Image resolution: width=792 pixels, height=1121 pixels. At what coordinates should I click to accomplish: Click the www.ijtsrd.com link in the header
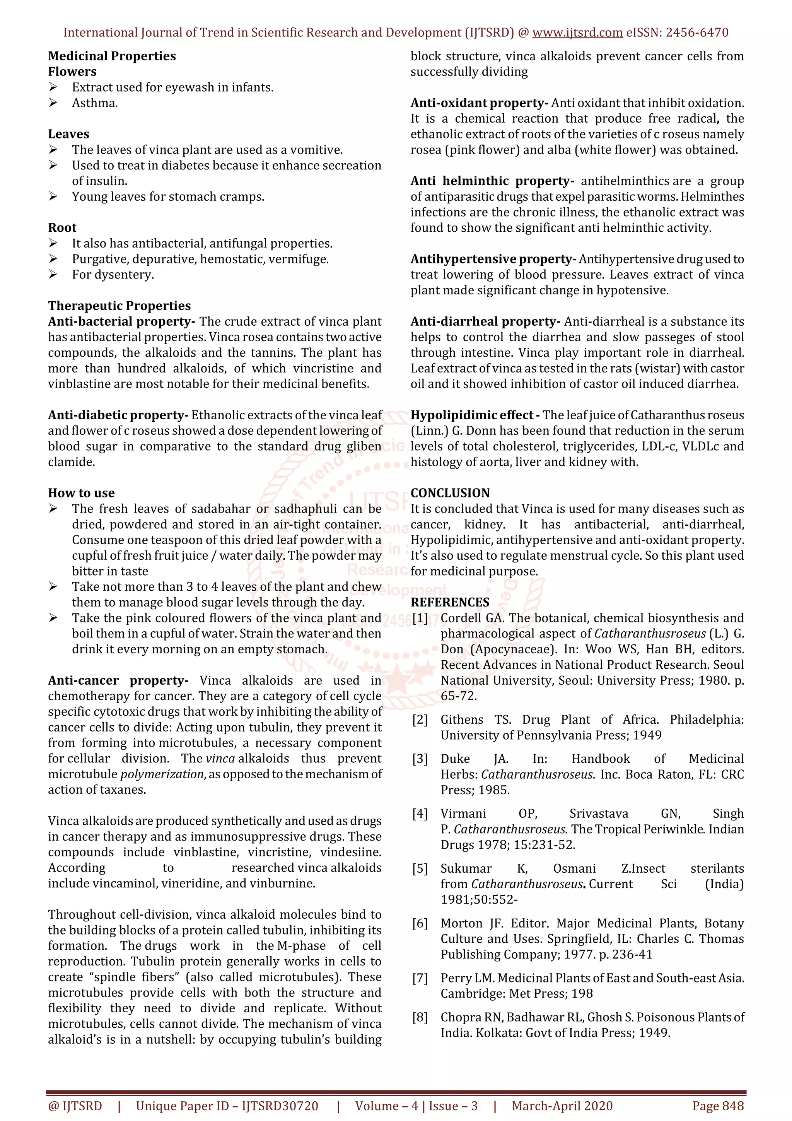click(x=577, y=33)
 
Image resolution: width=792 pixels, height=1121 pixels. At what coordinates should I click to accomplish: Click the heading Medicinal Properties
click(x=112, y=56)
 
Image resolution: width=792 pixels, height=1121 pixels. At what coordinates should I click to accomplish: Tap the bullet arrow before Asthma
click(x=53, y=103)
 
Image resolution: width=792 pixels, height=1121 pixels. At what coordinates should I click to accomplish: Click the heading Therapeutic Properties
click(x=119, y=306)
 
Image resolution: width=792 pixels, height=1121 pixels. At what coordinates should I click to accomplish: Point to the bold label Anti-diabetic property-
click(x=118, y=415)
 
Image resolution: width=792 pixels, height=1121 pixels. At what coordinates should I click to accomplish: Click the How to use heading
click(x=81, y=493)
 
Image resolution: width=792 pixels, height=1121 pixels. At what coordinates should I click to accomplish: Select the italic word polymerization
click(x=162, y=774)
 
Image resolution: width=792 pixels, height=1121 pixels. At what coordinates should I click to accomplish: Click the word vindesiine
click(x=350, y=852)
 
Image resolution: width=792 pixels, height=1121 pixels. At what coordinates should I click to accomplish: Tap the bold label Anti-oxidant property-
click(x=479, y=103)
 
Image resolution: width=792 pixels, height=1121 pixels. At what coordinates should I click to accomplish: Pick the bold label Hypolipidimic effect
click(x=471, y=415)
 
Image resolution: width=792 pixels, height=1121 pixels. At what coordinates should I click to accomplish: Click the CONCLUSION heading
click(x=449, y=493)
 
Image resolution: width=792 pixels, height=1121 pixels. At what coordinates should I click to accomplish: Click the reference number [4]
click(x=420, y=813)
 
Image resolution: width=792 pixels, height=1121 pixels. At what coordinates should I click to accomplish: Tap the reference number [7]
click(x=420, y=978)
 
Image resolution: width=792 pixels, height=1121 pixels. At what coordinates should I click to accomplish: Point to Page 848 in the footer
click(x=718, y=1106)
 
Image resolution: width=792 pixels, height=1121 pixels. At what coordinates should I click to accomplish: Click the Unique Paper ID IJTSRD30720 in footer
click(x=227, y=1106)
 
